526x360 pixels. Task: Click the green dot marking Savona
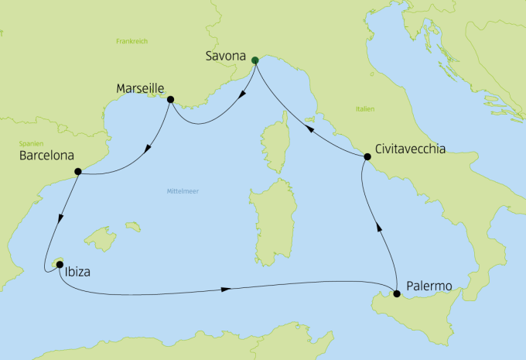tap(254, 59)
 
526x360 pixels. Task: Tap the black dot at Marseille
tap(170, 99)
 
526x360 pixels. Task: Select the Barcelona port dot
tap(77, 171)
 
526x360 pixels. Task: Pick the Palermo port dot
tap(397, 293)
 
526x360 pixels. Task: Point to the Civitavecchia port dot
tap(367, 157)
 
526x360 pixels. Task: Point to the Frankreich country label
tap(131, 41)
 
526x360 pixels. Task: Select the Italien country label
tap(365, 110)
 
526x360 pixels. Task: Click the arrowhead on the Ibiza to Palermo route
tap(226, 290)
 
